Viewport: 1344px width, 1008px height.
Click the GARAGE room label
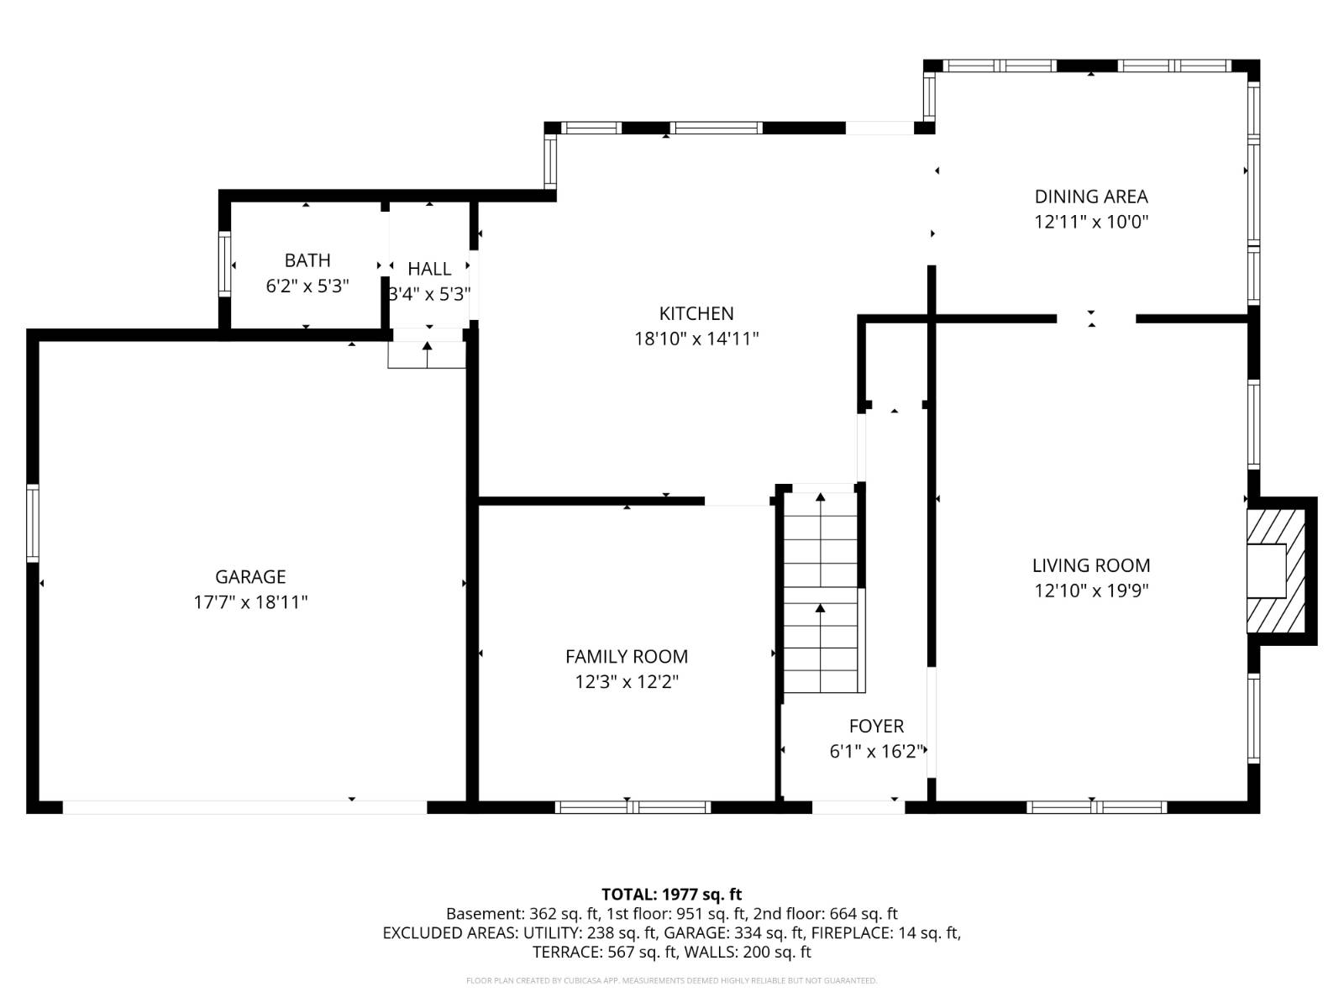[250, 576]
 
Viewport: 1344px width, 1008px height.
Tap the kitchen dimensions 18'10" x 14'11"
[696, 339]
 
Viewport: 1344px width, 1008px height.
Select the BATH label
[307, 260]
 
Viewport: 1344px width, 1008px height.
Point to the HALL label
[429, 269]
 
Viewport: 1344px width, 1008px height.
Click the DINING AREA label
[1090, 197]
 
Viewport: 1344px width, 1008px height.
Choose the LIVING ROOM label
[1090, 565]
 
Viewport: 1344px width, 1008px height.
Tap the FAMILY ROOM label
[626, 656]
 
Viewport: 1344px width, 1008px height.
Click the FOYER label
[876, 726]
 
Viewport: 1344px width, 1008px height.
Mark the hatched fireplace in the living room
[1277, 571]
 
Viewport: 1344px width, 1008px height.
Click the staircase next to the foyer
[821, 592]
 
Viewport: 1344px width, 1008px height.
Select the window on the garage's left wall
[33, 522]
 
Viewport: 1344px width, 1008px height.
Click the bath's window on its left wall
[224, 264]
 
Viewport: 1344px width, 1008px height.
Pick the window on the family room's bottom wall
[633, 807]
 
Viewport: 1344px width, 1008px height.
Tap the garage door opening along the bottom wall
[244, 807]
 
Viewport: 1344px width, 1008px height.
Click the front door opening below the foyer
[858, 807]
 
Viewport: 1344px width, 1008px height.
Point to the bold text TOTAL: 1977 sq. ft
[671, 895]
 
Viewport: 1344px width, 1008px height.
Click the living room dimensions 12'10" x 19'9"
[1090, 591]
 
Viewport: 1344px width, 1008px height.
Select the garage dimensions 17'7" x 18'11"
[250, 602]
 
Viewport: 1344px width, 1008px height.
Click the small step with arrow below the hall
[427, 355]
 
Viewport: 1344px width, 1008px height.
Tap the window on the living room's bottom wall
[1096, 807]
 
